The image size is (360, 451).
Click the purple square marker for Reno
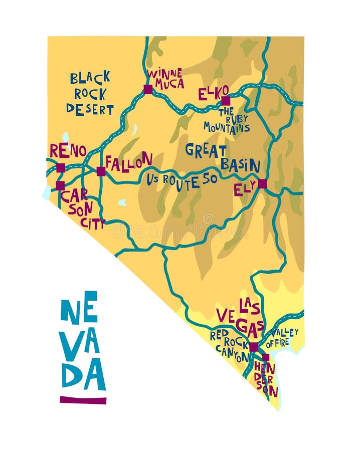[x=61, y=168]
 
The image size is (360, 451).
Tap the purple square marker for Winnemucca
[x=148, y=90]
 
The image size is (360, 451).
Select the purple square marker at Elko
[x=226, y=101]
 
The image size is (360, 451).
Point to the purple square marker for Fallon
[x=101, y=171]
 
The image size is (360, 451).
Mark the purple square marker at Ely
[x=262, y=184]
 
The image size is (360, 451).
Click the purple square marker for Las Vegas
[x=254, y=347]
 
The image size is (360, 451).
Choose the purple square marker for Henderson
[x=265, y=357]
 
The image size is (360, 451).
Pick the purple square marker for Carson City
[x=60, y=185]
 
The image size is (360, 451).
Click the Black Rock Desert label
[x=90, y=94]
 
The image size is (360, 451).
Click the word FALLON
[x=129, y=162]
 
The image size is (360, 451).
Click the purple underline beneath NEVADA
[x=83, y=400]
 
